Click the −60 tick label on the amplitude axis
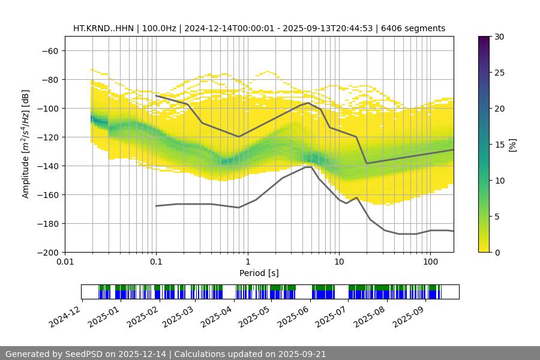(x=50, y=51)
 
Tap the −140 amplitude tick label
(x=48, y=166)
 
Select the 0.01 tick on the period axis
(x=65, y=262)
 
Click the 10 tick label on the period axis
(x=339, y=262)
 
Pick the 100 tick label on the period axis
(x=430, y=262)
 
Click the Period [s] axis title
(x=259, y=273)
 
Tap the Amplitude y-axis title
(x=26, y=145)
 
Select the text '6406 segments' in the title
(x=418, y=28)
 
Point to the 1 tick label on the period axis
(x=247, y=262)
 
